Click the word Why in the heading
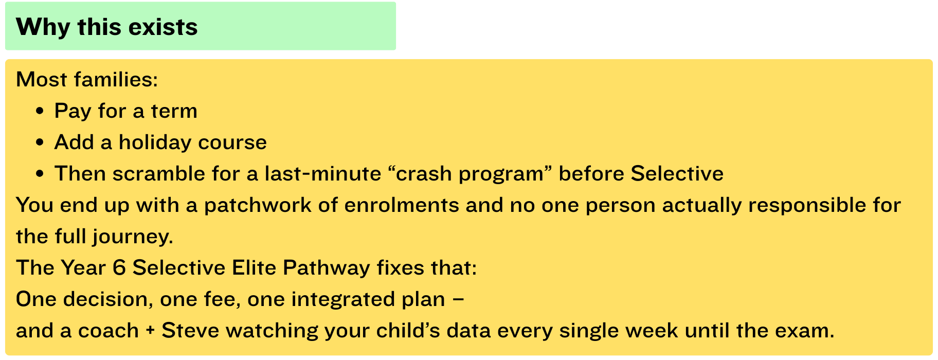coord(43,27)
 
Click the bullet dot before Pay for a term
coord(40,112)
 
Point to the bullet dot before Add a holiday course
coord(40,143)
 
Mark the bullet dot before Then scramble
coord(40,174)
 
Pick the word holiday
coord(155,142)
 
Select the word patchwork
coord(258,205)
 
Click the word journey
coord(133,237)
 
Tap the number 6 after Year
coord(119,268)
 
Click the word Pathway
coord(327,268)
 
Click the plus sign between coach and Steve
coord(150,331)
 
